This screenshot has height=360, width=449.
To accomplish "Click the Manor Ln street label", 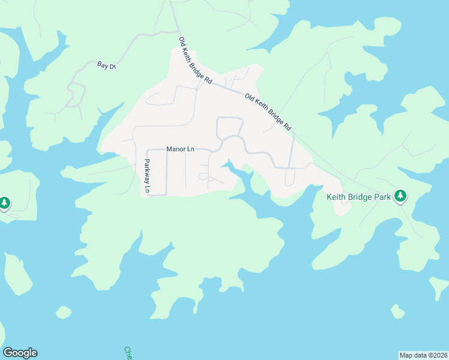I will [x=180, y=149].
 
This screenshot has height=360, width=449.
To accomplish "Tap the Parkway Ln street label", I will [x=147, y=176].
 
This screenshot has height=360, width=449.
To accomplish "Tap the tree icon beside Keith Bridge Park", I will [x=400, y=196].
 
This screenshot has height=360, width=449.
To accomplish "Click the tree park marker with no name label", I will [x=5, y=203].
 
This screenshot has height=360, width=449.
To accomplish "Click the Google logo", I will [x=20, y=353].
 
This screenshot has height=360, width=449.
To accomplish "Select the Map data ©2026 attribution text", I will [x=423, y=355].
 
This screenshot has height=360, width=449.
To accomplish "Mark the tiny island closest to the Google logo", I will [x=64, y=312].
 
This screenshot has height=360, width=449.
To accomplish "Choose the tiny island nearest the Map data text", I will [x=397, y=311].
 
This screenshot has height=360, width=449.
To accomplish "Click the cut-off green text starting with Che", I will [x=128, y=353].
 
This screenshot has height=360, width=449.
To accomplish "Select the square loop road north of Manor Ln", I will [x=229, y=128].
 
